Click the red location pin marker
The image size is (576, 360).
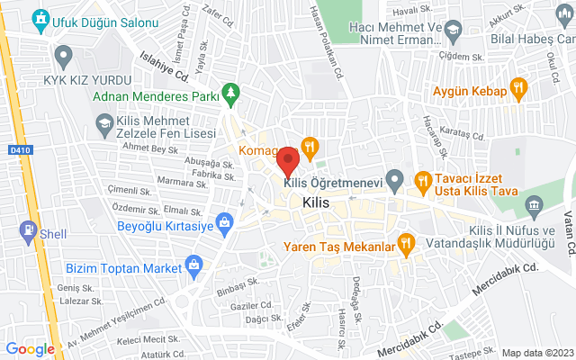[x=288, y=160]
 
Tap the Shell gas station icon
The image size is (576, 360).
[x=28, y=233]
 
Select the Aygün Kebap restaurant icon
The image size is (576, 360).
[x=517, y=87]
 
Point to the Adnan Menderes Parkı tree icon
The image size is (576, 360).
[x=232, y=93]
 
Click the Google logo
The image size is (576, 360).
[x=31, y=348]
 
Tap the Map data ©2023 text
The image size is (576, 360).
[x=536, y=352]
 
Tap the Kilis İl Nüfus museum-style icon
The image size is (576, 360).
[x=535, y=209]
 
